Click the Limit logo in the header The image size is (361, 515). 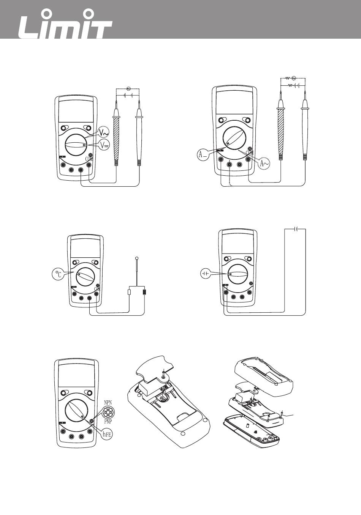(66, 26)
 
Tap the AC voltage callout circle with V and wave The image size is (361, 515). (103, 132)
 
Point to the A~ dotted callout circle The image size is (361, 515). (265, 163)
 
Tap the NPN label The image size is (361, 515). (108, 402)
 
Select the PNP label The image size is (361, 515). (108, 421)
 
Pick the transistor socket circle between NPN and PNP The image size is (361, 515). (108, 412)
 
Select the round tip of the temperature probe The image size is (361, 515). (136, 259)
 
